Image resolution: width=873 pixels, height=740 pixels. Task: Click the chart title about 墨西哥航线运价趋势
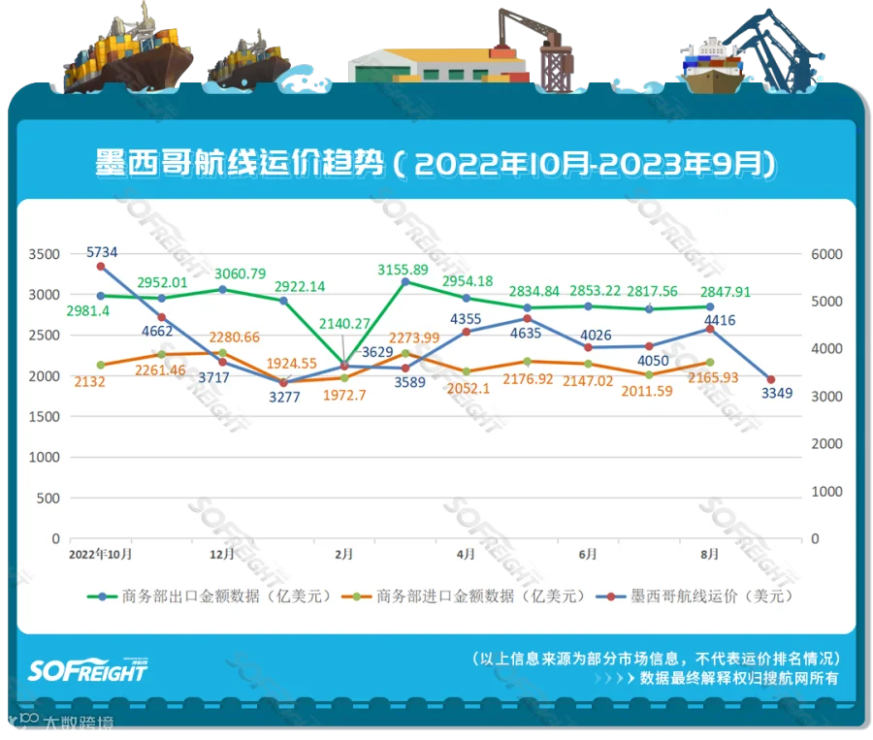click(x=436, y=163)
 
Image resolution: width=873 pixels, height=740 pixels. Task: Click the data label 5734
click(x=102, y=250)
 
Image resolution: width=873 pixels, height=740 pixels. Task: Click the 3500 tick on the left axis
click(x=45, y=254)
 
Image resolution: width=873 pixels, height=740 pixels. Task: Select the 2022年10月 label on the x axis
click(x=101, y=555)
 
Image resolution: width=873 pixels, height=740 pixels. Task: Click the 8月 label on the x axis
click(x=710, y=555)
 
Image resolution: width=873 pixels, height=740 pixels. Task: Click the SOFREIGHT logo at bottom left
click(x=87, y=668)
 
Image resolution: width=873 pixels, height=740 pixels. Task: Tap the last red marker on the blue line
click(x=771, y=380)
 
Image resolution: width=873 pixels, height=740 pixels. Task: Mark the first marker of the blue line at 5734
click(x=101, y=267)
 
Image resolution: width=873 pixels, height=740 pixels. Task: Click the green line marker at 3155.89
click(x=405, y=282)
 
